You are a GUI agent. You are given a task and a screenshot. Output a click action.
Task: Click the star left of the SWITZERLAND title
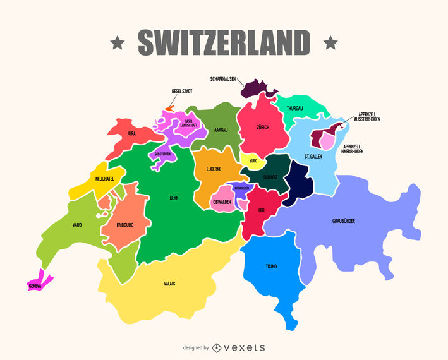[117, 43]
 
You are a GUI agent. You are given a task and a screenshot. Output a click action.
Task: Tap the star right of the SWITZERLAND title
[330, 43]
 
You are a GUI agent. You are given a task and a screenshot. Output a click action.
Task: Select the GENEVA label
[35, 286]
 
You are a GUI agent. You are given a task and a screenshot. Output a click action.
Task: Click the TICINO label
[271, 266]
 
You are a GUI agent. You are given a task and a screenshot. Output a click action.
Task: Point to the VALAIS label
[170, 284]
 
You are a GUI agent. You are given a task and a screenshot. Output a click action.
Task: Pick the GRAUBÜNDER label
[344, 221]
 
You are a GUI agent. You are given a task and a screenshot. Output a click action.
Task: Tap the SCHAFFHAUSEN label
[223, 79]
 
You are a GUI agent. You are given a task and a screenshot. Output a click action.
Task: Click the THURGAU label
[294, 108]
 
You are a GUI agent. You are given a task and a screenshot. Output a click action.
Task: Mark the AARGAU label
[221, 129]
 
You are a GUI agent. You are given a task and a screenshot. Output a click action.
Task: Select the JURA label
[131, 133]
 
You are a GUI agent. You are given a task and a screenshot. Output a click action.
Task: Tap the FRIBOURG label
[126, 224]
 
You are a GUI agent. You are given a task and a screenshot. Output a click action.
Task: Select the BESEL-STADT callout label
[181, 92]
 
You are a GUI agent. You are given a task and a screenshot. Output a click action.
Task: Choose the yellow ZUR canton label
[253, 160]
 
